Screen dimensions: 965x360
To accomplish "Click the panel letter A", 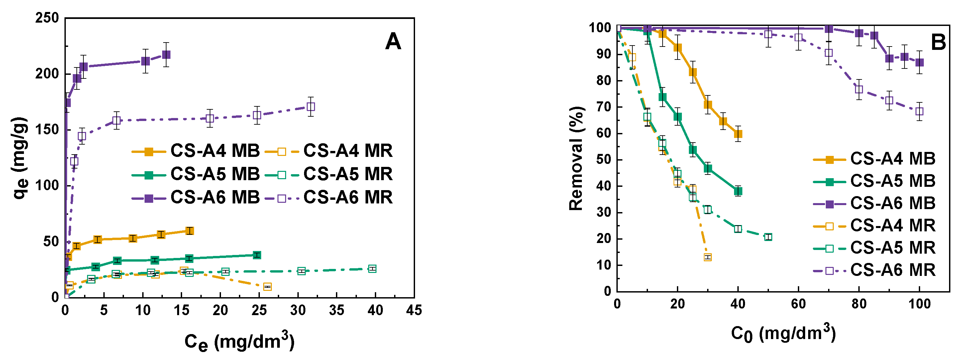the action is (393, 42).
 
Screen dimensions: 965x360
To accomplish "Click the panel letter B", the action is (938, 42).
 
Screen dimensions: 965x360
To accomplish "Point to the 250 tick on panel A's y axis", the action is (47, 18).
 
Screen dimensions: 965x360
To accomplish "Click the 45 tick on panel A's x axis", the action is (414, 310).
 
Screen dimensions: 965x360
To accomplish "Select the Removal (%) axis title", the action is (576, 159).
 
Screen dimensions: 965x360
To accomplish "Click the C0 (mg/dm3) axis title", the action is (783, 333).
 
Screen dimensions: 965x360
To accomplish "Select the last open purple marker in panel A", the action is (311, 107).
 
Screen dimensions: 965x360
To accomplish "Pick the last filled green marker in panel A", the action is (257, 255).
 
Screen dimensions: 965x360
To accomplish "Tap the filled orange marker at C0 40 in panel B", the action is (738, 134).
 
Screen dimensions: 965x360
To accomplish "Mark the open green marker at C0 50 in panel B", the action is (768, 237).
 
